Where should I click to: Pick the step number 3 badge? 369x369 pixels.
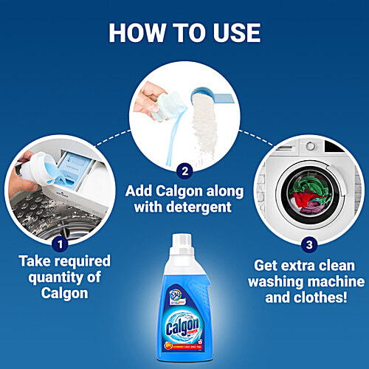click(308, 243)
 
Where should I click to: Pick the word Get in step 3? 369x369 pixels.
click(269, 264)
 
